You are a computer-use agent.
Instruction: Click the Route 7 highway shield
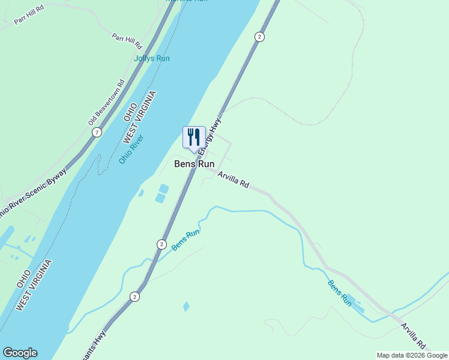point(97,132)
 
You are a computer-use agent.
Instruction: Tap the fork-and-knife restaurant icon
point(194,137)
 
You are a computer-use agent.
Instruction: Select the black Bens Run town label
point(194,163)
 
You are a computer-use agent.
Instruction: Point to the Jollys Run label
point(151,58)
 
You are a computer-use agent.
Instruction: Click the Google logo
point(20,353)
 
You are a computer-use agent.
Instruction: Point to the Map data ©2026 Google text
point(411,355)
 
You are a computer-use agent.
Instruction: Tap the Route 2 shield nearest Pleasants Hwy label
point(134,296)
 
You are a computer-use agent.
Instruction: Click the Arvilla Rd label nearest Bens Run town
point(234,180)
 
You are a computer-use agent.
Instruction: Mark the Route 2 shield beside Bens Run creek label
point(161,244)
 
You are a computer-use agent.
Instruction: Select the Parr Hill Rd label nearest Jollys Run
point(127,41)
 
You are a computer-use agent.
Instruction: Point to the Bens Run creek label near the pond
point(340,293)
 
